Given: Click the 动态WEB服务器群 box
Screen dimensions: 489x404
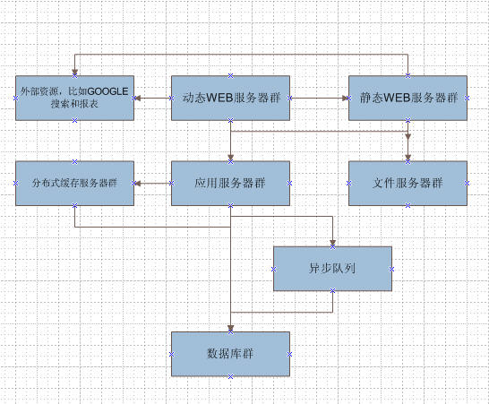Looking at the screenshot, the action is tap(230, 98).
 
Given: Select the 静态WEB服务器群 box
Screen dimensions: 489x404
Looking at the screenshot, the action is tap(407, 98).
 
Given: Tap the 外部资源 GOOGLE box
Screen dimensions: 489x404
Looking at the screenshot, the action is tap(75, 98).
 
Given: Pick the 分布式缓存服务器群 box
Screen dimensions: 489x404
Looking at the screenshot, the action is tap(75, 183).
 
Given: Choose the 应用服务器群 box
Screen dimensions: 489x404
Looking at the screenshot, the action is tap(230, 183).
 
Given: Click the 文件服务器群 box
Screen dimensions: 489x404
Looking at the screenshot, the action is tap(407, 183).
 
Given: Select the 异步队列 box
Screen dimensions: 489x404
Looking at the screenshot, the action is tap(332, 269).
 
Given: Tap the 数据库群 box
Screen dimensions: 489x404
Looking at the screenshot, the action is tap(230, 354).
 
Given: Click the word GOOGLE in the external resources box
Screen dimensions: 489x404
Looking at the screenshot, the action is tap(107, 91).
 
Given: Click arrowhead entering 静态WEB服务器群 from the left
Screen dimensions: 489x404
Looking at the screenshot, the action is tap(345, 98).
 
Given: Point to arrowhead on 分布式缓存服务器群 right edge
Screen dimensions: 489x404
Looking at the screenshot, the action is tap(138, 183).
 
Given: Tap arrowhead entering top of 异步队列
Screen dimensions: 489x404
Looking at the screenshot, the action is tap(332, 244).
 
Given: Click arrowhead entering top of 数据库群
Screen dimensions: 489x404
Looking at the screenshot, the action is tap(230, 329).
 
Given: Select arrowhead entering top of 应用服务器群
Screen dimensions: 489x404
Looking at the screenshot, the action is tap(230, 158).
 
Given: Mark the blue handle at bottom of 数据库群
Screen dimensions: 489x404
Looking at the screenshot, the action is tap(230, 376).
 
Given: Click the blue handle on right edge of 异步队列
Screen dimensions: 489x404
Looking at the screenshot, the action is tap(391, 269).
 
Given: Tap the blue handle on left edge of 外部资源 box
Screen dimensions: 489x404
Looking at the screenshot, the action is tap(15, 99).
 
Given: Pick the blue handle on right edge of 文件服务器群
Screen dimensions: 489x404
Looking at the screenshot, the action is tap(467, 184).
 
